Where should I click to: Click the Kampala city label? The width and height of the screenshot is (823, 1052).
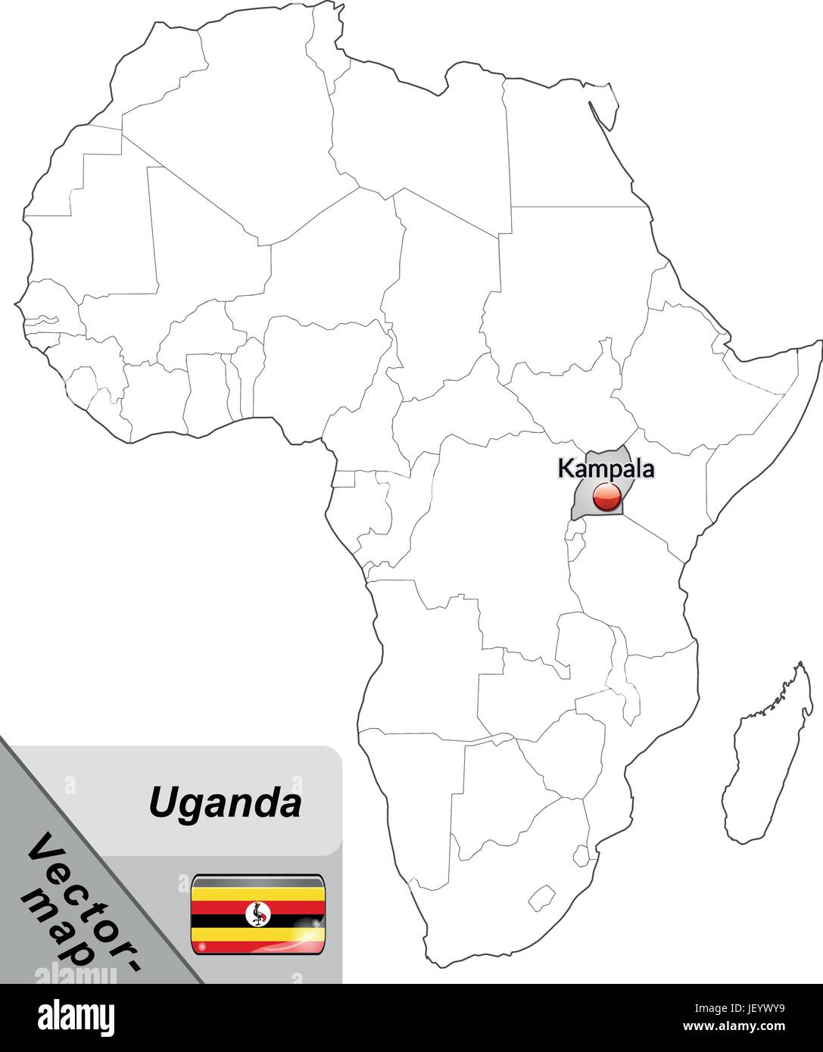(606, 468)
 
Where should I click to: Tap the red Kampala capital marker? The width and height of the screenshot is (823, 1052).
(606, 497)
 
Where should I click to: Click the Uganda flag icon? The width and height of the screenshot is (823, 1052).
(258, 913)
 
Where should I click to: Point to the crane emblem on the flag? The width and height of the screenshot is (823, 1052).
(258, 915)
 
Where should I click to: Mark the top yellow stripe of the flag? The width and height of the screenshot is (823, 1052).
(258, 894)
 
